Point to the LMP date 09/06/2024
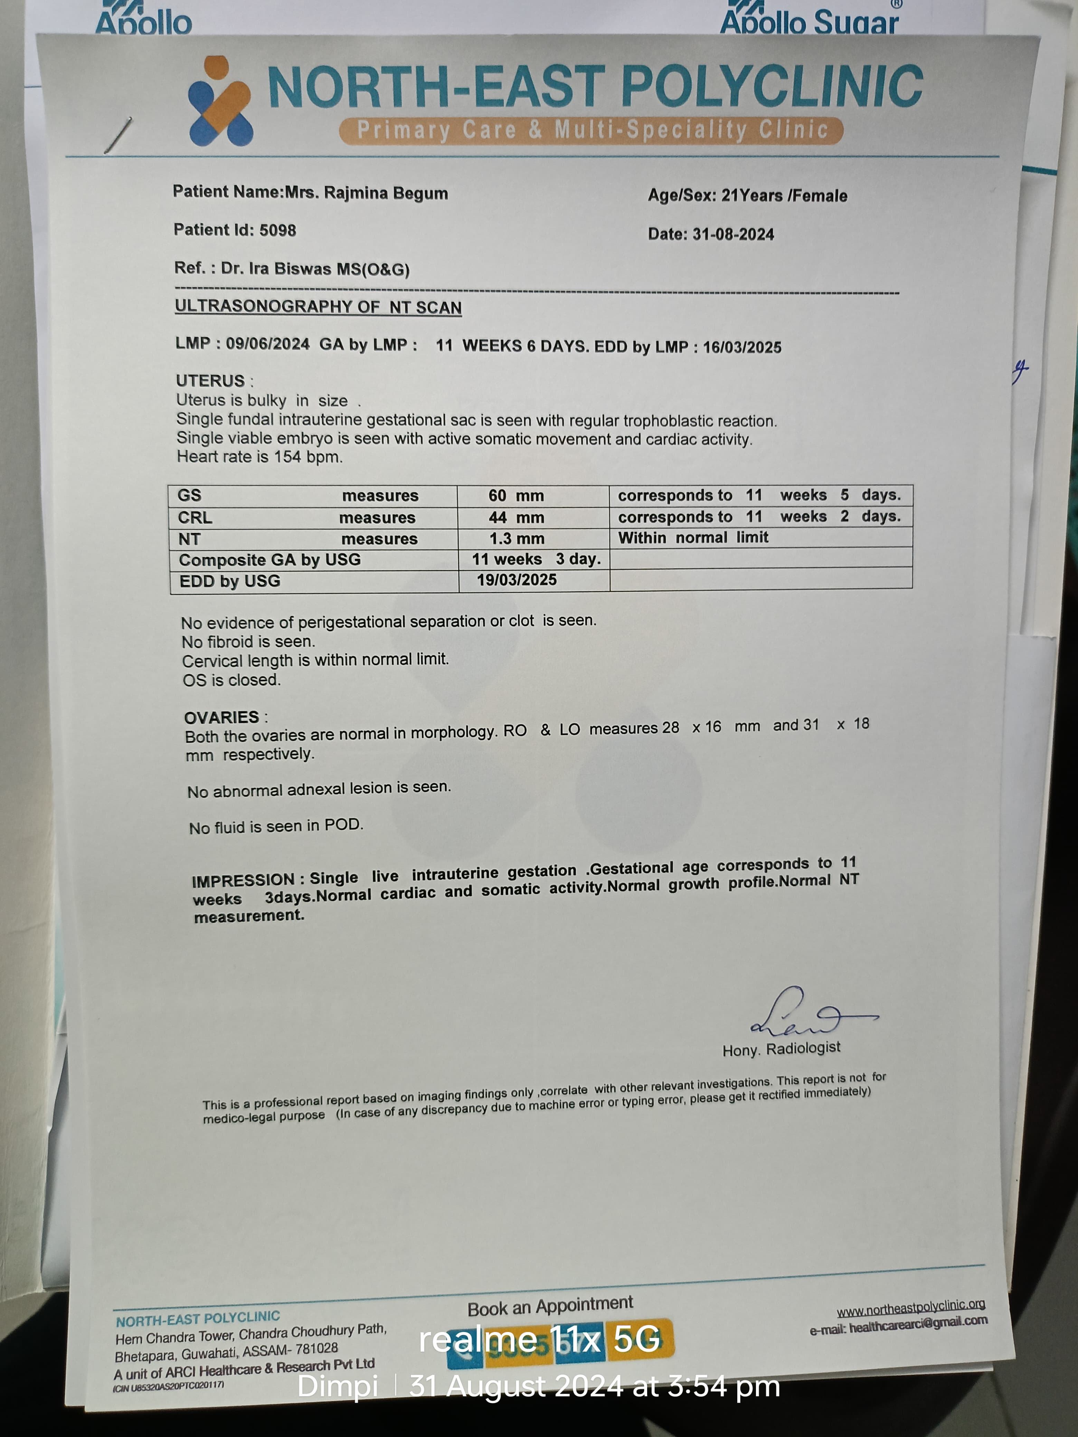pyautogui.click(x=268, y=344)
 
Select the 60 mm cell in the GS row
pyautogui.click(x=516, y=496)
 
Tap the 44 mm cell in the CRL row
pyautogui.click(x=517, y=518)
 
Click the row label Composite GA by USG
pyautogui.click(x=269, y=560)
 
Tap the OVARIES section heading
pyautogui.click(x=221, y=717)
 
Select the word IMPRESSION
pyautogui.click(x=243, y=880)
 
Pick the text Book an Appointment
pyautogui.click(x=550, y=1306)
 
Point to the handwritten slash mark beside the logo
pyautogui.click(x=118, y=135)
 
